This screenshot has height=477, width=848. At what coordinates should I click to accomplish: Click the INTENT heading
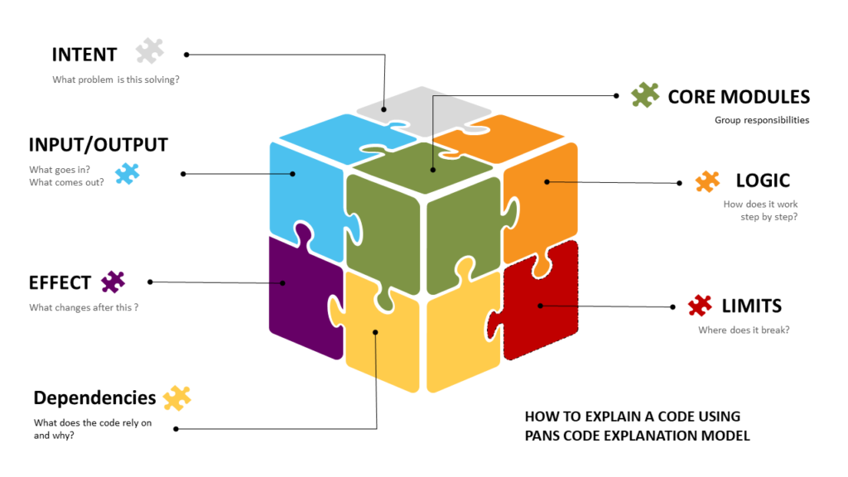click(x=84, y=55)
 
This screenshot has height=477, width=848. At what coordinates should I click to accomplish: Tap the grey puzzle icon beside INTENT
click(x=150, y=51)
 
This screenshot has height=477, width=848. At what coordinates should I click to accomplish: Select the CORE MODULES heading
click(x=739, y=97)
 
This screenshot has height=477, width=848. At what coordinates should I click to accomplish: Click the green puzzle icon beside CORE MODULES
click(x=645, y=95)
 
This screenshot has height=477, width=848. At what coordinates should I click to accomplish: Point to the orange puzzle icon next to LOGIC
click(x=708, y=181)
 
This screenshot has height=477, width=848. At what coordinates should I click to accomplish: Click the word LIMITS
click(x=751, y=306)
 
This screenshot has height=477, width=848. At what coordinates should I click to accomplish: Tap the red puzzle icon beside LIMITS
click(x=700, y=306)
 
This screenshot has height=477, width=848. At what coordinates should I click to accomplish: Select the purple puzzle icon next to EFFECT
click(x=113, y=282)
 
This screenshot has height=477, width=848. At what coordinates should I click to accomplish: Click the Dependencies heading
click(x=94, y=397)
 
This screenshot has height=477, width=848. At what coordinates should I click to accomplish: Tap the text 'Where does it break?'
click(x=743, y=330)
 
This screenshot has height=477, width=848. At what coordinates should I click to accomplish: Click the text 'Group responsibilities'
click(x=761, y=120)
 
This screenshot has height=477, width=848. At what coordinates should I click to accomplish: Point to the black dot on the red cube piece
click(x=540, y=306)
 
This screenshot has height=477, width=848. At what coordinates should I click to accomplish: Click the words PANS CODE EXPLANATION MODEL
click(x=637, y=436)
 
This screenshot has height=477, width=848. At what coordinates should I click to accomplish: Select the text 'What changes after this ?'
click(x=83, y=308)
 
